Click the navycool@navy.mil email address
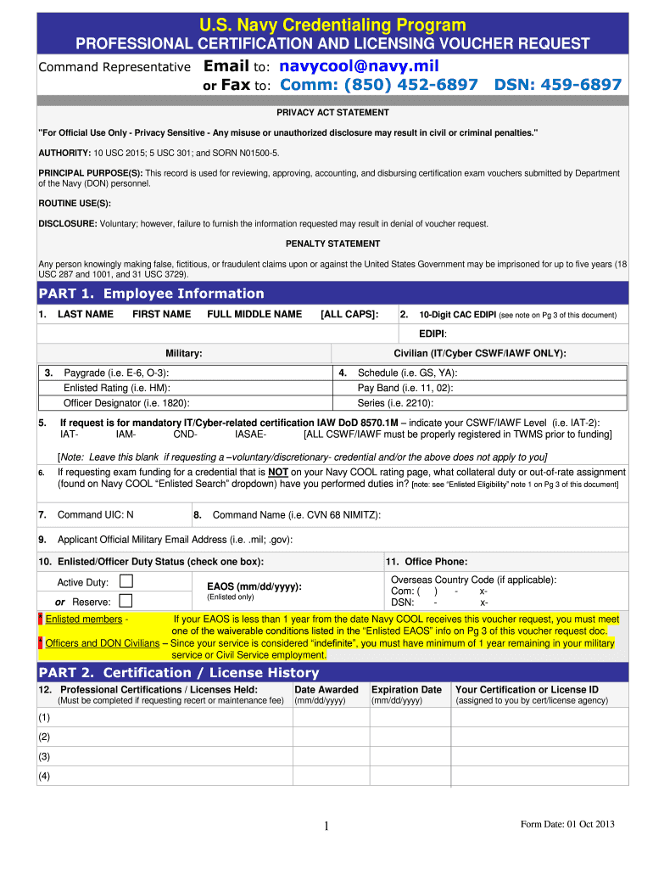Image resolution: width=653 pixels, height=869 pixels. pyautogui.click(x=360, y=66)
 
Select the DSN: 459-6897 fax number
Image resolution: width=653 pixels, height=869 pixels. pyautogui.click(x=558, y=85)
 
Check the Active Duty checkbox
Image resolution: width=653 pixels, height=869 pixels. pyautogui.click(x=126, y=581)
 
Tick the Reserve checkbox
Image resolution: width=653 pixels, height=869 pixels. pyautogui.click(x=126, y=601)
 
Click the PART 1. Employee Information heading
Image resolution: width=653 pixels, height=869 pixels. pyautogui.click(x=152, y=294)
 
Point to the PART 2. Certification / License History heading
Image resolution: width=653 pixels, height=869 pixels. pyautogui.click(x=179, y=673)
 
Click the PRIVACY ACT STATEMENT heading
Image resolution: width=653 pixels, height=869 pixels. pyautogui.click(x=332, y=113)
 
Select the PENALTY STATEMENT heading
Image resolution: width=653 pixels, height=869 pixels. pyautogui.click(x=332, y=244)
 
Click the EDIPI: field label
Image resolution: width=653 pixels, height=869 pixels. pyautogui.click(x=433, y=334)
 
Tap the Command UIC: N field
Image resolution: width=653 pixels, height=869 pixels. pyautogui.click(x=95, y=515)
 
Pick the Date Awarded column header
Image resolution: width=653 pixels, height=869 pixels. pyautogui.click(x=326, y=690)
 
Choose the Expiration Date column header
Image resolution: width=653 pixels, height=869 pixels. pyautogui.click(x=406, y=690)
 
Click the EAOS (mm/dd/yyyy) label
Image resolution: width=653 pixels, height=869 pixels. pyautogui.click(x=254, y=586)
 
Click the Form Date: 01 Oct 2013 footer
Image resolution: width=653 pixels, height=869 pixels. pyautogui.click(x=567, y=824)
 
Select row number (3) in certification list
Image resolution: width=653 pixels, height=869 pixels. pyautogui.click(x=44, y=756)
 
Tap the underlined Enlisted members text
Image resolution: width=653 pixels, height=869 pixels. pyautogui.click(x=84, y=620)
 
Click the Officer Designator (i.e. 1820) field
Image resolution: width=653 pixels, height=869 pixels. pyautogui.click(x=127, y=403)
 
